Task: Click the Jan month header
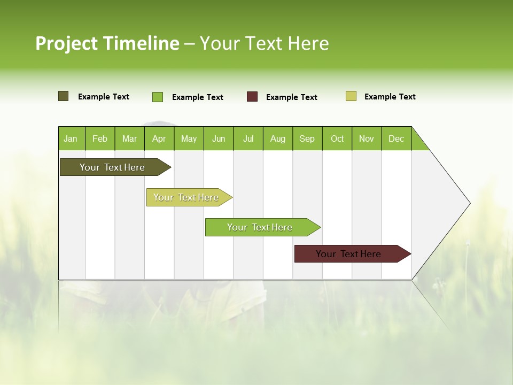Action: click(71, 138)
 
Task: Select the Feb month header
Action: click(100, 138)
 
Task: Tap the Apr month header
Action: click(159, 138)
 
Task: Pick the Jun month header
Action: click(219, 138)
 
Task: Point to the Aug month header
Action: click(277, 138)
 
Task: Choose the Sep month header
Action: click(307, 138)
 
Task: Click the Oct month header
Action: click(337, 138)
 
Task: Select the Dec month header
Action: click(396, 138)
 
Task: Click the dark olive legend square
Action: click(64, 96)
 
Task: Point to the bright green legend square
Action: click(158, 97)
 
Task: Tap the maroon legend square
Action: click(252, 97)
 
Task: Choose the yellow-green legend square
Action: click(351, 96)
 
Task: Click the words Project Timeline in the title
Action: click(107, 43)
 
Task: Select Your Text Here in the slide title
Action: click(264, 43)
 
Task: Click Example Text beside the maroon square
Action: click(291, 97)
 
